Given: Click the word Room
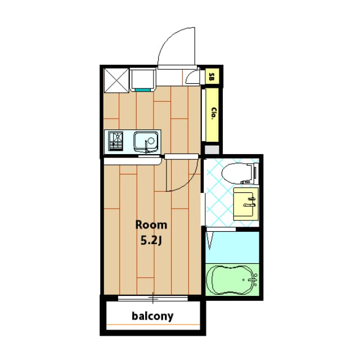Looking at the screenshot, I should [151, 225].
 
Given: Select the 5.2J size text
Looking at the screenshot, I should [151, 240].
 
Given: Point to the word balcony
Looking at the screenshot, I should [152, 316].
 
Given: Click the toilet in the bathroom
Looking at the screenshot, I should [238, 174].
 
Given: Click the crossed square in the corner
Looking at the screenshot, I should [115, 79].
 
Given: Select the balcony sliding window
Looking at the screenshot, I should [152, 296].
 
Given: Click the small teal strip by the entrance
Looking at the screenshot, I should [143, 89].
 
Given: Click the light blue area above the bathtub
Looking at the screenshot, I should [232, 246].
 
